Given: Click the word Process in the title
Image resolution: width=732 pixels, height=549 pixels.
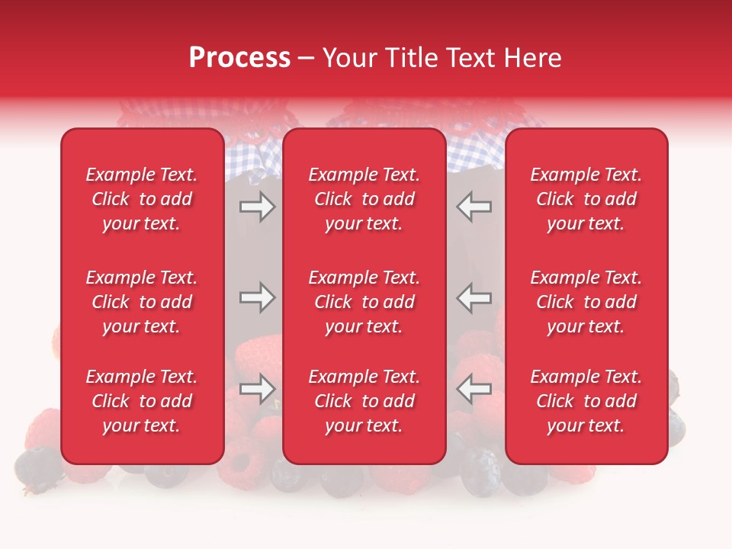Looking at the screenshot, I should click(x=239, y=58).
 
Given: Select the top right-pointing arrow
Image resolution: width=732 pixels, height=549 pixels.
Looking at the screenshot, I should click(x=258, y=207).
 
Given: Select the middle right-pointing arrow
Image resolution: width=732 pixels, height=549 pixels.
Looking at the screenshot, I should click(x=258, y=297).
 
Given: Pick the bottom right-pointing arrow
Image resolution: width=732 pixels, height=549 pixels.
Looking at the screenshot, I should click(x=258, y=389).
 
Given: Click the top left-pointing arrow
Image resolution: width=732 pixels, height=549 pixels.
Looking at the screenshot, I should click(x=474, y=207).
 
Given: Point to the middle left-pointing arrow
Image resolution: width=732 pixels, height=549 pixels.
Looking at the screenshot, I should click(x=474, y=297).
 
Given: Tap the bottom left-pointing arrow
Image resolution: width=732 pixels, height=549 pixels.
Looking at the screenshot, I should click(x=474, y=389).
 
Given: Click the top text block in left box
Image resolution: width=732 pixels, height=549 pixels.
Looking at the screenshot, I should click(x=142, y=199).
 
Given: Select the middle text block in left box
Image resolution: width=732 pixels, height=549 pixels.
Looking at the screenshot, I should click(x=142, y=302).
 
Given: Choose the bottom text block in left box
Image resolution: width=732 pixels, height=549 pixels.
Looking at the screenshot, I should click(x=142, y=401).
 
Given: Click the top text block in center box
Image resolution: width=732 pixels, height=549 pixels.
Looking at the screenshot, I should click(x=364, y=199).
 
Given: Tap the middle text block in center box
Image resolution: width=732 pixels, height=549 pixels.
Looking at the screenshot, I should click(x=364, y=302).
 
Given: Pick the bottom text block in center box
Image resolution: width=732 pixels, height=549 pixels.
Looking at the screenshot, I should click(x=364, y=401).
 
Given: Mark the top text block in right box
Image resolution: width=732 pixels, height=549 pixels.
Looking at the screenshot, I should click(x=586, y=199).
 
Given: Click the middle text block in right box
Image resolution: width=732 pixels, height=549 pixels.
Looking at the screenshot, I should click(x=586, y=302).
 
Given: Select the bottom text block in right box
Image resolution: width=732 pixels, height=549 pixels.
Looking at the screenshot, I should click(x=586, y=401).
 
